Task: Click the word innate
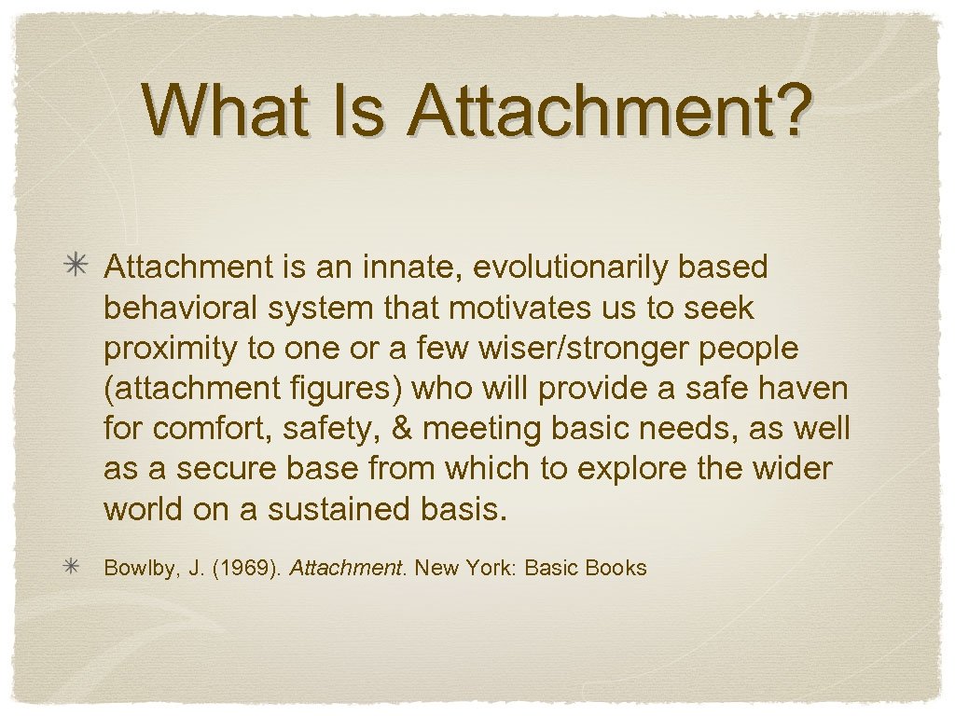413,268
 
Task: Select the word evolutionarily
570,268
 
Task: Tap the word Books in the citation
616,568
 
